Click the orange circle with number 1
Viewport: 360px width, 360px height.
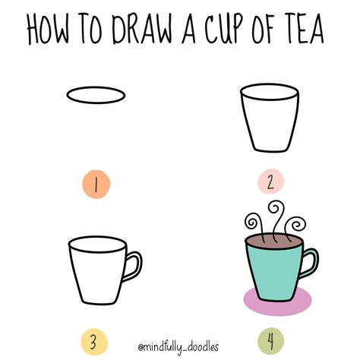[x=96, y=182]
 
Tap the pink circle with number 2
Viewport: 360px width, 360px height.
[x=270, y=182]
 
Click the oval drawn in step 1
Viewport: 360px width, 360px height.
[x=96, y=96]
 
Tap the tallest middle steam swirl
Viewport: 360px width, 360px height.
[x=272, y=213]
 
